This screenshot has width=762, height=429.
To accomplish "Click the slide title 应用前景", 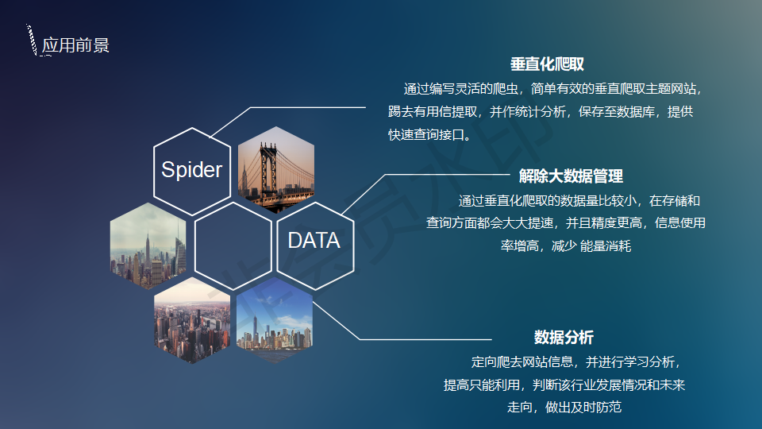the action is coord(75,45).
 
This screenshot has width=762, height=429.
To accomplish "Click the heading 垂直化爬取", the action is coord(547,64).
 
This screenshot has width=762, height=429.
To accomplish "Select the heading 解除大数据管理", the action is coord(571,176).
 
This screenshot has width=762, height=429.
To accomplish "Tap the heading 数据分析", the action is coord(564,337).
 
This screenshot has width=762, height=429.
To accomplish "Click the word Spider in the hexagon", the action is coord(191,170).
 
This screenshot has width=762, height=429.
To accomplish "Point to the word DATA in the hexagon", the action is coord(314,240).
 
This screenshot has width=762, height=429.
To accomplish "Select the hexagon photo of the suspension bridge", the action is coord(276,170).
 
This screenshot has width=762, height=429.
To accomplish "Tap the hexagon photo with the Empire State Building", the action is coord(148,246).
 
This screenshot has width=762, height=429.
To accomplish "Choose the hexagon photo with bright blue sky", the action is coord(275,320).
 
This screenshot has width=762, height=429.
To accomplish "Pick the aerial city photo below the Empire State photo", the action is coord(192,320).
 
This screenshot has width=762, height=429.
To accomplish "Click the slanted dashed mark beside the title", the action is coord(32,40).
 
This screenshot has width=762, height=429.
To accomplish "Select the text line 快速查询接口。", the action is coord(430,135).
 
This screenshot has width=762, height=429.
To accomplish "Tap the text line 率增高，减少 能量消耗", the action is coord(566,246).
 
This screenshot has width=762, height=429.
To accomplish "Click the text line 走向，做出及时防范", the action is coord(564,407).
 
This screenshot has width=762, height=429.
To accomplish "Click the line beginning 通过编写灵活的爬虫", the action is coord(553,89).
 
